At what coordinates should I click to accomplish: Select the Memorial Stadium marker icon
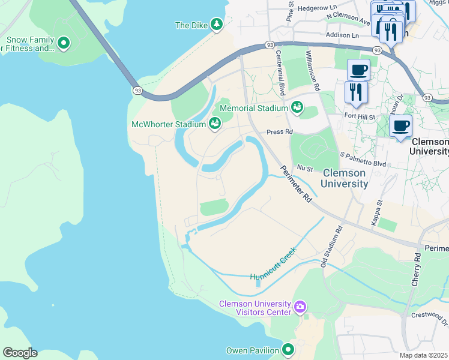point(297,108)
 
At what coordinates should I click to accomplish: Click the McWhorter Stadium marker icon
point(214,124)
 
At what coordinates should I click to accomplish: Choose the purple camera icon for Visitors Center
point(300,308)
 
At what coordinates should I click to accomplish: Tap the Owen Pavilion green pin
point(289,350)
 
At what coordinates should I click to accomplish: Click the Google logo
point(20,353)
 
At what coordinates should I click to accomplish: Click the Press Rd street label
point(279,131)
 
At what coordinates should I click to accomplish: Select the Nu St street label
point(306,170)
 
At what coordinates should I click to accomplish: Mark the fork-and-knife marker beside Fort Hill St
point(356,92)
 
